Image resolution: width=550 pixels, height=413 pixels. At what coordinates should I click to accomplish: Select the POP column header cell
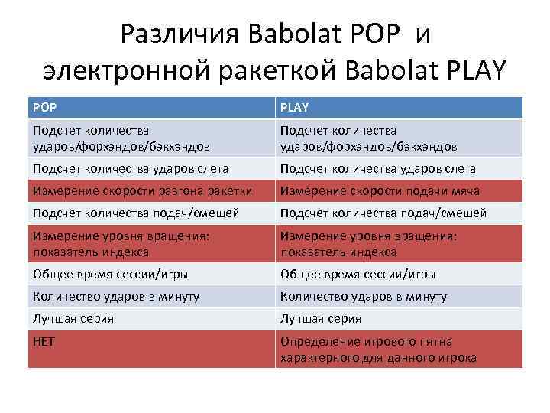151,108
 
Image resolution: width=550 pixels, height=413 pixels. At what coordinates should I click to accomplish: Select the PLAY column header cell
399,108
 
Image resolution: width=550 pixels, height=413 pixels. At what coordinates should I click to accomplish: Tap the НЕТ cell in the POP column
151,350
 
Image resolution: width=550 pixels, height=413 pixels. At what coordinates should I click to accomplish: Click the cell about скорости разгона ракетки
151,190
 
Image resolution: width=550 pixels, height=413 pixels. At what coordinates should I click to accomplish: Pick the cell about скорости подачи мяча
399,190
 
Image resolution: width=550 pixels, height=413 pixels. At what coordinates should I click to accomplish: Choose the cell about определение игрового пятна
399,350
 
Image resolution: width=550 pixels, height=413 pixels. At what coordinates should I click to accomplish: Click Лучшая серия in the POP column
151,319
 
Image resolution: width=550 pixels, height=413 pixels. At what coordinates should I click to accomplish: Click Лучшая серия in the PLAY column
399,319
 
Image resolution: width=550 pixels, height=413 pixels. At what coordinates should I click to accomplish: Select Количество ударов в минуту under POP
151,297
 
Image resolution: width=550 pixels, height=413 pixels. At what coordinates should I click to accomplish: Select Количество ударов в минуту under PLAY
399,297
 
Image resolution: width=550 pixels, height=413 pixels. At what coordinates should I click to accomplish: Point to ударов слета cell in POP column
151,168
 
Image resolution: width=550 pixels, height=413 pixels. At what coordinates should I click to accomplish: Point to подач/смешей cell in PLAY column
399,213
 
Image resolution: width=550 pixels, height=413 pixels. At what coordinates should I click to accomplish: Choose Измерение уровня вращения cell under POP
151,244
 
